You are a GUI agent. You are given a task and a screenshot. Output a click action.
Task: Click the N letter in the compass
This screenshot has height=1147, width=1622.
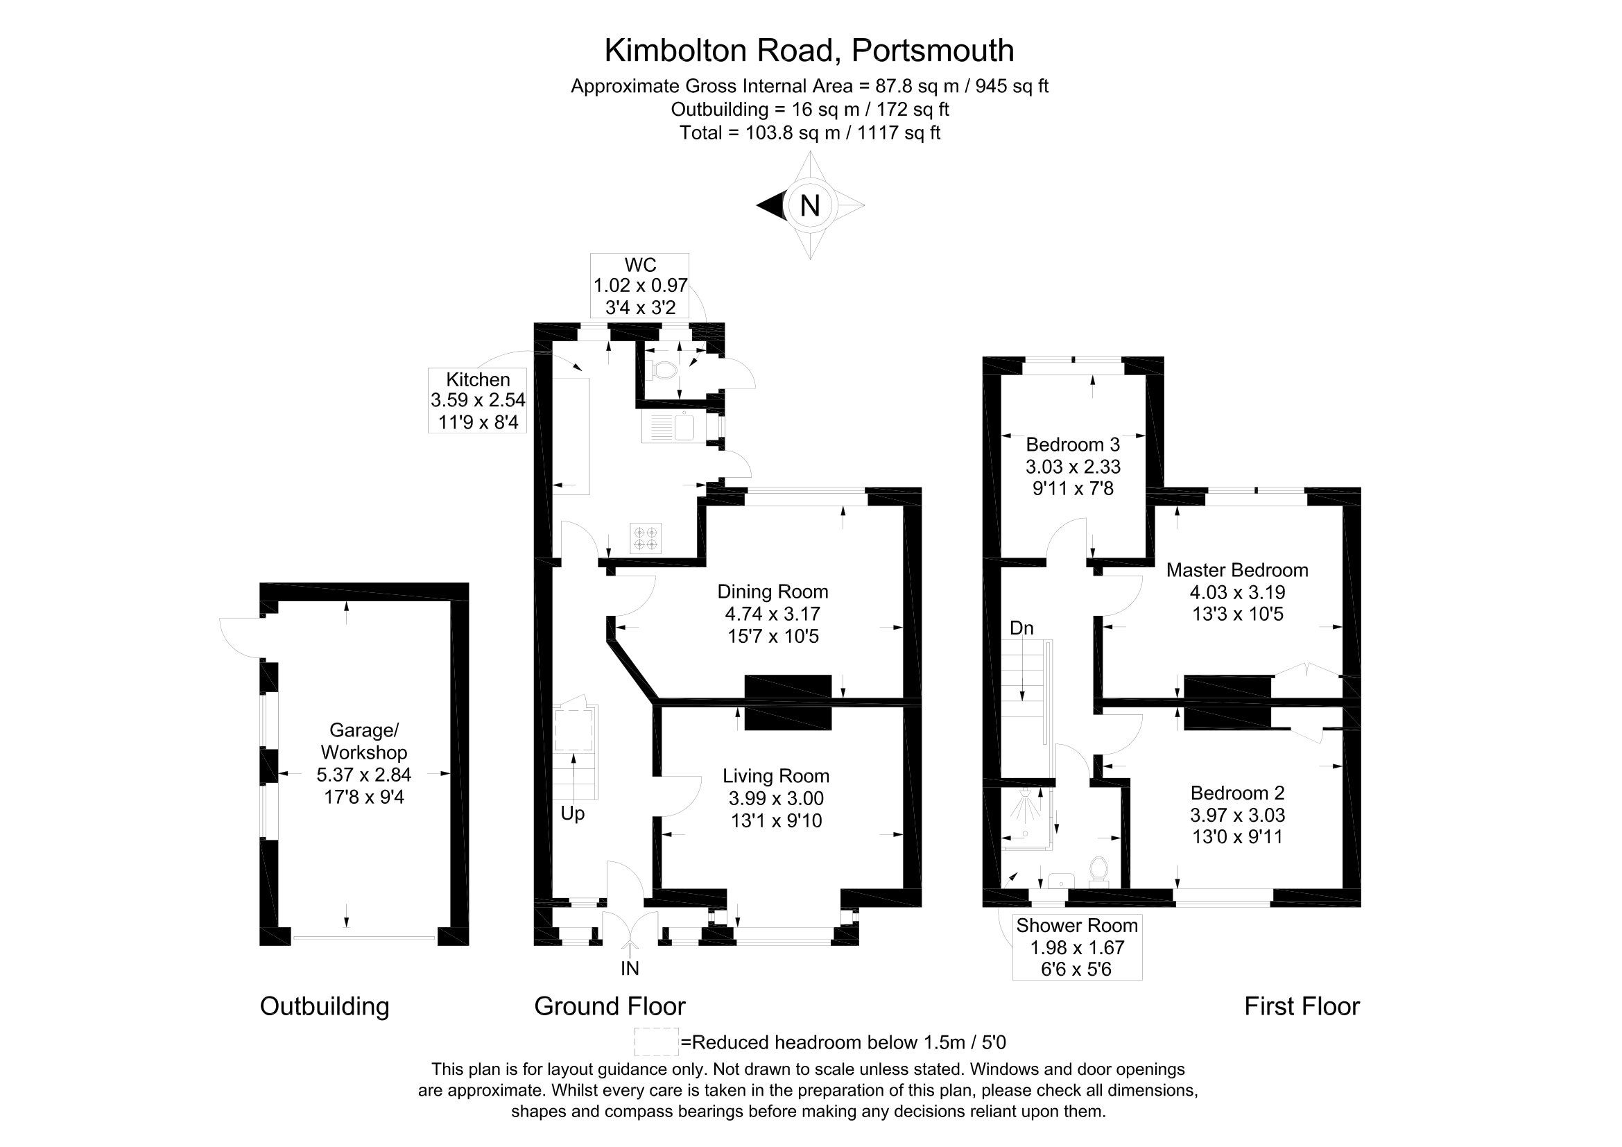[809, 205]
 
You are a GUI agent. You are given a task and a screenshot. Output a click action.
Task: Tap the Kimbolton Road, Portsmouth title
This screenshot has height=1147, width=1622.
[809, 50]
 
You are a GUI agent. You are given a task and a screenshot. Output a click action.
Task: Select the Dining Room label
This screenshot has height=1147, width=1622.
[773, 592]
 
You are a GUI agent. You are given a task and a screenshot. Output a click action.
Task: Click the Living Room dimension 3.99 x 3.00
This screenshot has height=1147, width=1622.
[777, 798]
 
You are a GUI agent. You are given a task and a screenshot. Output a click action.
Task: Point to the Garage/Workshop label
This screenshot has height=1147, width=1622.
[364, 741]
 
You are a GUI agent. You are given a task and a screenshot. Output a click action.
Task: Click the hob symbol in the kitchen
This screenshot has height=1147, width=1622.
[646, 538]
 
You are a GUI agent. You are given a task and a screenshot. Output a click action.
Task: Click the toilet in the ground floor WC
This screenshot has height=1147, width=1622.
[662, 370]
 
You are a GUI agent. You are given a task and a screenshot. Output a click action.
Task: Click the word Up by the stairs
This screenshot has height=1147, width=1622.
[572, 813]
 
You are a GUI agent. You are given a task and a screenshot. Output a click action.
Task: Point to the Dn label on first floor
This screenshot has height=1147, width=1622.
[1021, 628]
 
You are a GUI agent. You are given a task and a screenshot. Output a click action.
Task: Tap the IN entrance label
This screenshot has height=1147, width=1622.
[630, 968]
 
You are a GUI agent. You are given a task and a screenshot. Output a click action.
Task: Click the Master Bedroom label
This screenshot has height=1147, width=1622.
[1237, 570]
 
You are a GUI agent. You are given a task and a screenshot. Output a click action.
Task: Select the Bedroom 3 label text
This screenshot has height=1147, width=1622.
[1072, 445]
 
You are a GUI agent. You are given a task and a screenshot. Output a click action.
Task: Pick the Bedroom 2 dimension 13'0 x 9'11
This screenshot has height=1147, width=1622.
[1237, 837]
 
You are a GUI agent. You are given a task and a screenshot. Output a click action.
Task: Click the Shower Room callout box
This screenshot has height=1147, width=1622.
[1077, 947]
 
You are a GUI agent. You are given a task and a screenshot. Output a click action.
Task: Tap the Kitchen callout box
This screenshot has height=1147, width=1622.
[478, 400]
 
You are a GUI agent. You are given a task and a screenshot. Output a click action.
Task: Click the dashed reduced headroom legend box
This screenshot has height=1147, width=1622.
[656, 1042]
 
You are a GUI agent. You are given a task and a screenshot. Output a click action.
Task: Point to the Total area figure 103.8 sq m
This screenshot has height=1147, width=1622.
[793, 132]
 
